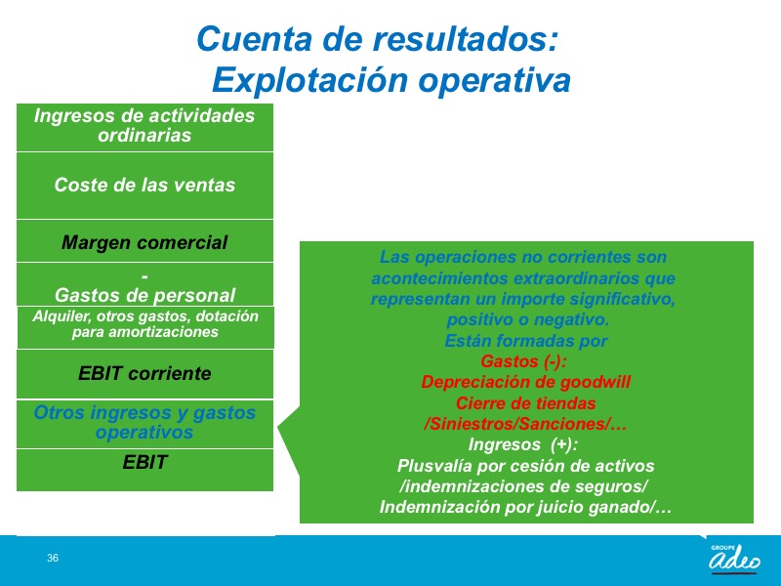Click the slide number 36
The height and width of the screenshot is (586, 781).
coord(53,558)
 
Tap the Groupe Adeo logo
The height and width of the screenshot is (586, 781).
coord(735,559)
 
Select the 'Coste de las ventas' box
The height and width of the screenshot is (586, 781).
coord(144,186)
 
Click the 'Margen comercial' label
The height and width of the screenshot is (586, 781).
coord(144,242)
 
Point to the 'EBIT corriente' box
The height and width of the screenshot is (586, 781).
coord(144,374)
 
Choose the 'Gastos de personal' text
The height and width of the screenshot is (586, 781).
coord(144,295)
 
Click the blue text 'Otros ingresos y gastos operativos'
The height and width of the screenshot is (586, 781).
coord(144,422)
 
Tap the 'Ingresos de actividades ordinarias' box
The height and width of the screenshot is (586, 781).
coord(144,127)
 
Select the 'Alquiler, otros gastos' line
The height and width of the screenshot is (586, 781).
coord(145,315)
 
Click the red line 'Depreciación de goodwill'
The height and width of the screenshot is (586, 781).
coord(526,382)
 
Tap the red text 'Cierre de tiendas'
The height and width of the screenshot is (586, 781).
coord(526,402)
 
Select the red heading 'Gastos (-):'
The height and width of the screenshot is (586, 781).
coord(523,360)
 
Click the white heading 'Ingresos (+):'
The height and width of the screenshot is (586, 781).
coord(523,444)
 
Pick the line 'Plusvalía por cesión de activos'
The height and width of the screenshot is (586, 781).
coord(525,466)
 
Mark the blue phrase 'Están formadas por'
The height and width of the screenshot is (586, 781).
coord(526,340)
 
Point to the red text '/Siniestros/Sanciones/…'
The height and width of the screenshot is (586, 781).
coord(525,424)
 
